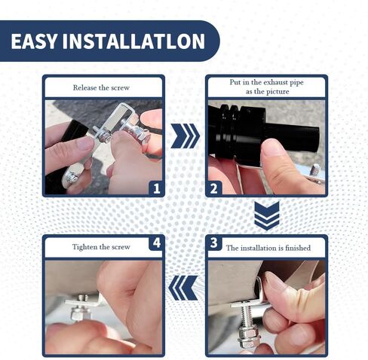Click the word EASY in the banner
[x=34, y=41]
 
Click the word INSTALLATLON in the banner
[x=133, y=41]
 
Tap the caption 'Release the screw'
[x=101, y=87]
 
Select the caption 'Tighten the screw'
[x=101, y=247]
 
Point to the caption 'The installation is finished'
[x=268, y=248]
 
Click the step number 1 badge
[x=157, y=188]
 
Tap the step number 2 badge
[x=213, y=188]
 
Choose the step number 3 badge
[x=214, y=243]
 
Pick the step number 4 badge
[x=157, y=243]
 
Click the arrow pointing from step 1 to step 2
[x=186, y=136]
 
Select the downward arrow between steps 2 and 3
[x=267, y=215]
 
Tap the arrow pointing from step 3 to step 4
[x=183, y=288]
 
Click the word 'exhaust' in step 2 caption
[x=276, y=82]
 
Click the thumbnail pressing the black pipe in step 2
[x=272, y=148]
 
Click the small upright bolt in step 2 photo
[x=314, y=169]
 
